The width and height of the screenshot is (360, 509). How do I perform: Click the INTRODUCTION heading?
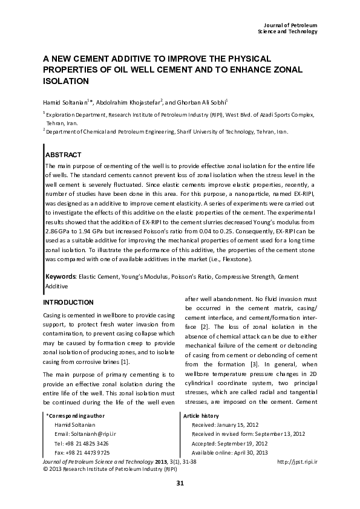point(68,302)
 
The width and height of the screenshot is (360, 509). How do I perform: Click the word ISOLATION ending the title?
point(66,80)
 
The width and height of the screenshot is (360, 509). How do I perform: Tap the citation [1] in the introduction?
point(124,362)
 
